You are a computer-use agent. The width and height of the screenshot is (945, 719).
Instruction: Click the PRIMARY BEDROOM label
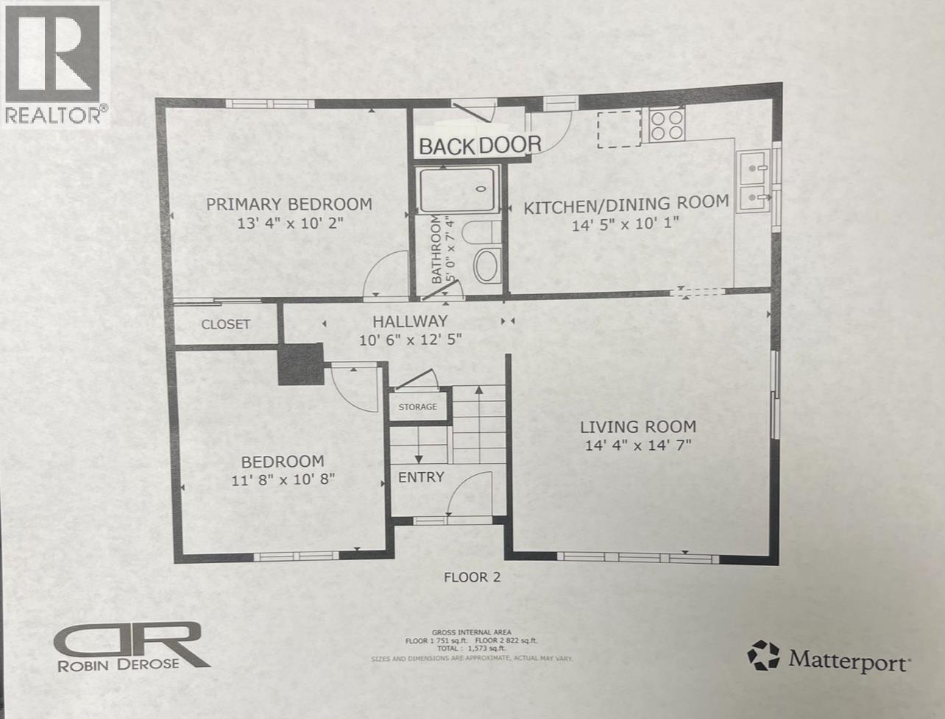tap(289, 204)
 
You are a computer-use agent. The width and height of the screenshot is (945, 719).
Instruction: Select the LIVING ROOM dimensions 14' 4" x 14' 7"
tap(638, 445)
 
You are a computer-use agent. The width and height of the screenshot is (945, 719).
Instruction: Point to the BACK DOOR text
tap(480, 146)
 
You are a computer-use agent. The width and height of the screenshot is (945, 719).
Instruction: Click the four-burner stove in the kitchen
tap(668, 124)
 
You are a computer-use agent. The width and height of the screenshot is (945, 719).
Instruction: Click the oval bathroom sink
tap(486, 265)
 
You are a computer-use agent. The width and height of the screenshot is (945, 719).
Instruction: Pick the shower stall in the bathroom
tap(458, 190)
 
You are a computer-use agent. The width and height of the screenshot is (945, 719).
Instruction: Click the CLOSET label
tap(226, 324)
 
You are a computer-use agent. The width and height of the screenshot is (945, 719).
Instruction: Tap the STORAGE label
tap(417, 407)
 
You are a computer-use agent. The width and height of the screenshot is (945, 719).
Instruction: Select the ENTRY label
tap(421, 477)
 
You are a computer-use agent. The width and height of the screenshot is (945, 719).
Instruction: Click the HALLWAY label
tap(410, 321)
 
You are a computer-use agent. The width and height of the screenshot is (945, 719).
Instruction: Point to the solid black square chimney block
tap(300, 364)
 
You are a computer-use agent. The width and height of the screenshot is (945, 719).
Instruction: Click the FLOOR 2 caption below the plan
tap(472, 577)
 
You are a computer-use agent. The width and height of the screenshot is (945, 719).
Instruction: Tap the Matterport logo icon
tap(763, 655)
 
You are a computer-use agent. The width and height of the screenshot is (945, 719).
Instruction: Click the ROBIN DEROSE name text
tap(118, 664)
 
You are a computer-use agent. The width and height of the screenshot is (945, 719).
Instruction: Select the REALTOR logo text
tap(56, 114)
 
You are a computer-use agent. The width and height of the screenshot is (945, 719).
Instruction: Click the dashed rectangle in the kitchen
tap(618, 129)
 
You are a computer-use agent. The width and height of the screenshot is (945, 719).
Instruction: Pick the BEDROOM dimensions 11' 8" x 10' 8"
tap(283, 479)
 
